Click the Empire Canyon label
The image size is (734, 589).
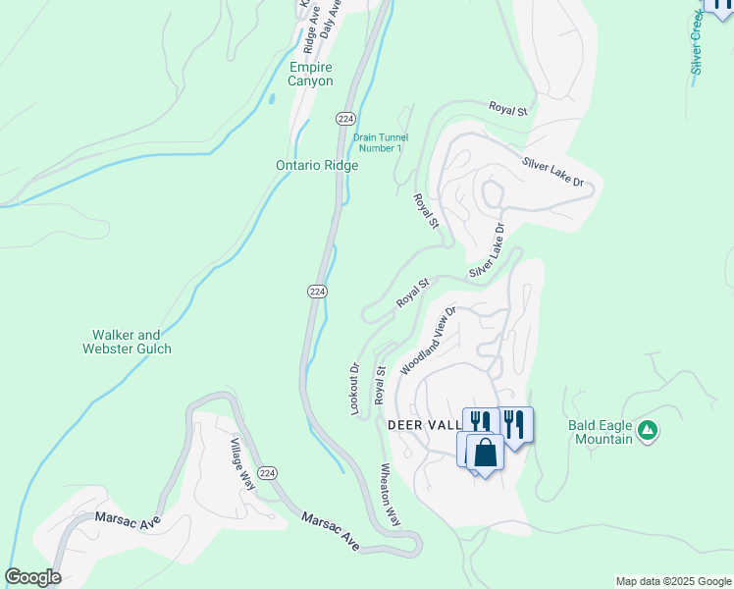pyautogui.click(x=311, y=74)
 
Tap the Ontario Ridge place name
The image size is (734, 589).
pyautogui.click(x=316, y=166)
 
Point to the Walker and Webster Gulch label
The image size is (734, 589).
pyautogui.click(x=127, y=342)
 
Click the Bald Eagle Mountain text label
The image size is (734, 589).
pyautogui.click(x=601, y=432)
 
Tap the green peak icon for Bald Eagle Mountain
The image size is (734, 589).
pyautogui.click(x=647, y=429)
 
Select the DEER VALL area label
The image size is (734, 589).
pyautogui.click(x=425, y=425)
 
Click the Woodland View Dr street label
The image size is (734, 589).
pyautogui.click(x=429, y=341)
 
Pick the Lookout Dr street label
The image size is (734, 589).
pyautogui.click(x=355, y=389)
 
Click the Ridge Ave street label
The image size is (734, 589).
pyautogui.click(x=310, y=29)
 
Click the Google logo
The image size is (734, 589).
pyautogui.click(x=32, y=577)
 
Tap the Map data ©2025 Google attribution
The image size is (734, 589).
pyautogui.click(x=672, y=581)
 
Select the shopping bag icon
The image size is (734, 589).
pyautogui.click(x=486, y=453)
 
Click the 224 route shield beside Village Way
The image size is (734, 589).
pyautogui.click(x=269, y=473)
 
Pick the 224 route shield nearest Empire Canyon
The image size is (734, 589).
pyautogui.click(x=344, y=118)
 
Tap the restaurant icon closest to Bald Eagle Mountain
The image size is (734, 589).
pyautogui.click(x=515, y=423)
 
